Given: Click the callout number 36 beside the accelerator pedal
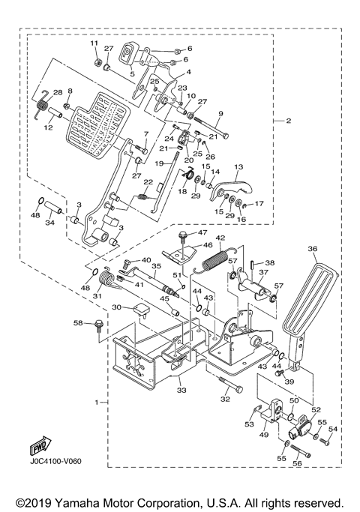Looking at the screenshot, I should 313,251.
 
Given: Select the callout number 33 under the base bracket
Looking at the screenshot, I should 180,390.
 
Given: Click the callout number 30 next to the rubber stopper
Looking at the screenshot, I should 117,307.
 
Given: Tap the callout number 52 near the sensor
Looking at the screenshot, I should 316,410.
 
